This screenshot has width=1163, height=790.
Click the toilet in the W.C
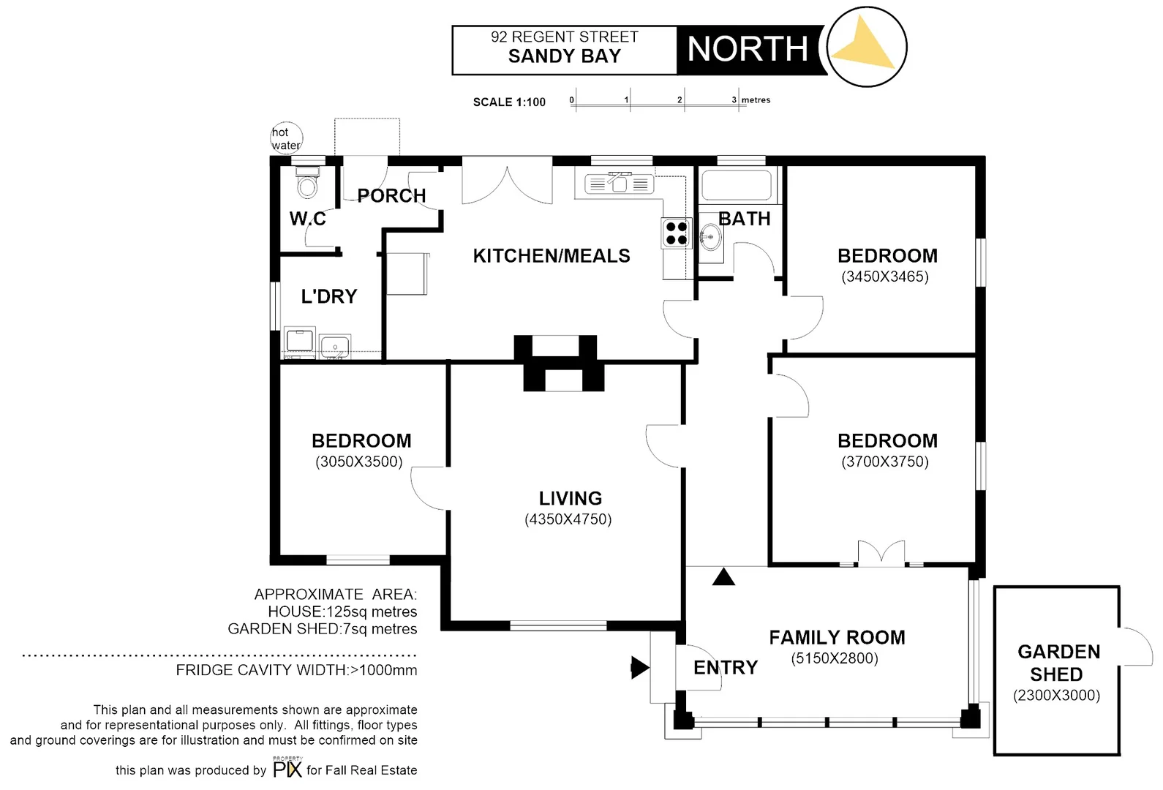pos(308,184)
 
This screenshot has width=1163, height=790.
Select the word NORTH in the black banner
pos(748,50)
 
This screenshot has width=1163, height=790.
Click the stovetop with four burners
pos(676,233)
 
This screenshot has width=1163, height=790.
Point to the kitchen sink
pos(620,184)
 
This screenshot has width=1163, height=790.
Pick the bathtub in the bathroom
pos(736,185)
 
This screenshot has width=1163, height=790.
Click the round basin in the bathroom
pos(710,236)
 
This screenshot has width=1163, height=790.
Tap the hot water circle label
pos(285,138)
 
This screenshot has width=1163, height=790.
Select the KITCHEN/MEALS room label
pos(552,256)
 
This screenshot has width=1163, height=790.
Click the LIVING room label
pos(571,498)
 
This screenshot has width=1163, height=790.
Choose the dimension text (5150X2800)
pos(835,658)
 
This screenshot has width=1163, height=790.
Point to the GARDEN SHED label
pos(1058,663)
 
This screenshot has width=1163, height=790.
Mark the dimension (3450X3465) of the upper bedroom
pos(885,276)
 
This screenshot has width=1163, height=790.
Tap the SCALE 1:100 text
pos(509,102)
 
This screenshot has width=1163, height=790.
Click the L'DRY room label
pos(329,296)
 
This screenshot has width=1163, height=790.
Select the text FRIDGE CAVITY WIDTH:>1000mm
pos(296,670)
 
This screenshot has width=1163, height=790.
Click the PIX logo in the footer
pos(287,769)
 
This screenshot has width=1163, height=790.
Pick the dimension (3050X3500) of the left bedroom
pos(359,462)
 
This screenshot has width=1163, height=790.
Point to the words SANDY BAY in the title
pos(564,56)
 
